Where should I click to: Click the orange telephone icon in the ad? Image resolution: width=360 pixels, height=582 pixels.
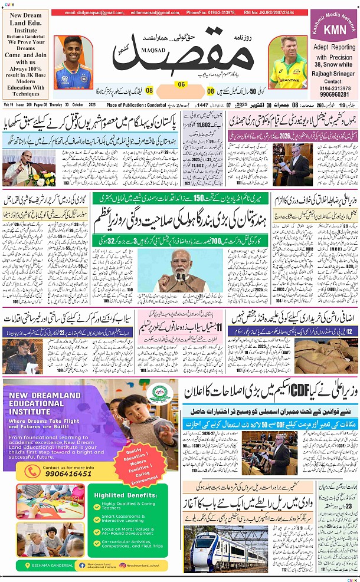18,471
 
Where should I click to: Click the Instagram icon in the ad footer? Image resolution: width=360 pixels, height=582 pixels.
122,564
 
